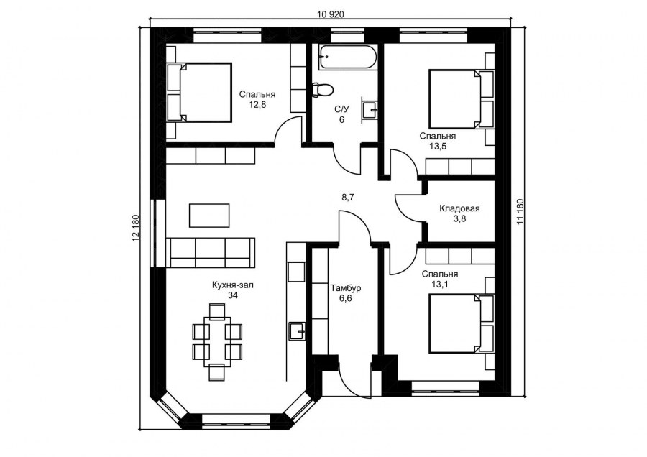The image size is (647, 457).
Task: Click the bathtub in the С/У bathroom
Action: pos(347,58)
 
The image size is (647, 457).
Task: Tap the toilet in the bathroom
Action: pos(322,90)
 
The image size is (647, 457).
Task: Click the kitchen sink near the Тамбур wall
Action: pos(297,331)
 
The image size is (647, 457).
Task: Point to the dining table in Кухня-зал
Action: pos(216,341)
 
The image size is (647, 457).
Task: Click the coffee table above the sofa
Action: pos(209,214)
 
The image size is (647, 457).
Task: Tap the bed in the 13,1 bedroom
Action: pos(459,323)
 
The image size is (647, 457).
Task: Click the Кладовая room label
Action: pos(459,209)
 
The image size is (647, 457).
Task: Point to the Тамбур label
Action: pos(346,288)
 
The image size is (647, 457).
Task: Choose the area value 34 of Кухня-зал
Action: pos(233,295)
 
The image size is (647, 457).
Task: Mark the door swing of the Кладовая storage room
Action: pos(408,207)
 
